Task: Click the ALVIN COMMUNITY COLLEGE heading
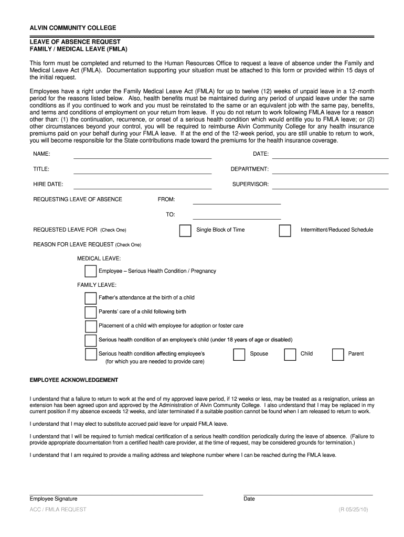point(73,27)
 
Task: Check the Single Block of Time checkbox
point(185,231)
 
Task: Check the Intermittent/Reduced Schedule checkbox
point(285,231)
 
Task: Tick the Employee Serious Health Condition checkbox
point(90,271)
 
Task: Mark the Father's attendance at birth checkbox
point(90,298)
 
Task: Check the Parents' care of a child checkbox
point(90,313)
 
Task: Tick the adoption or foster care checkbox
point(90,326)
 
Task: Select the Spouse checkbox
point(239,355)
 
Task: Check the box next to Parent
point(338,355)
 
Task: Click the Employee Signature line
point(116,493)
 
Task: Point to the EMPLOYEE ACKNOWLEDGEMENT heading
point(74,380)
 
